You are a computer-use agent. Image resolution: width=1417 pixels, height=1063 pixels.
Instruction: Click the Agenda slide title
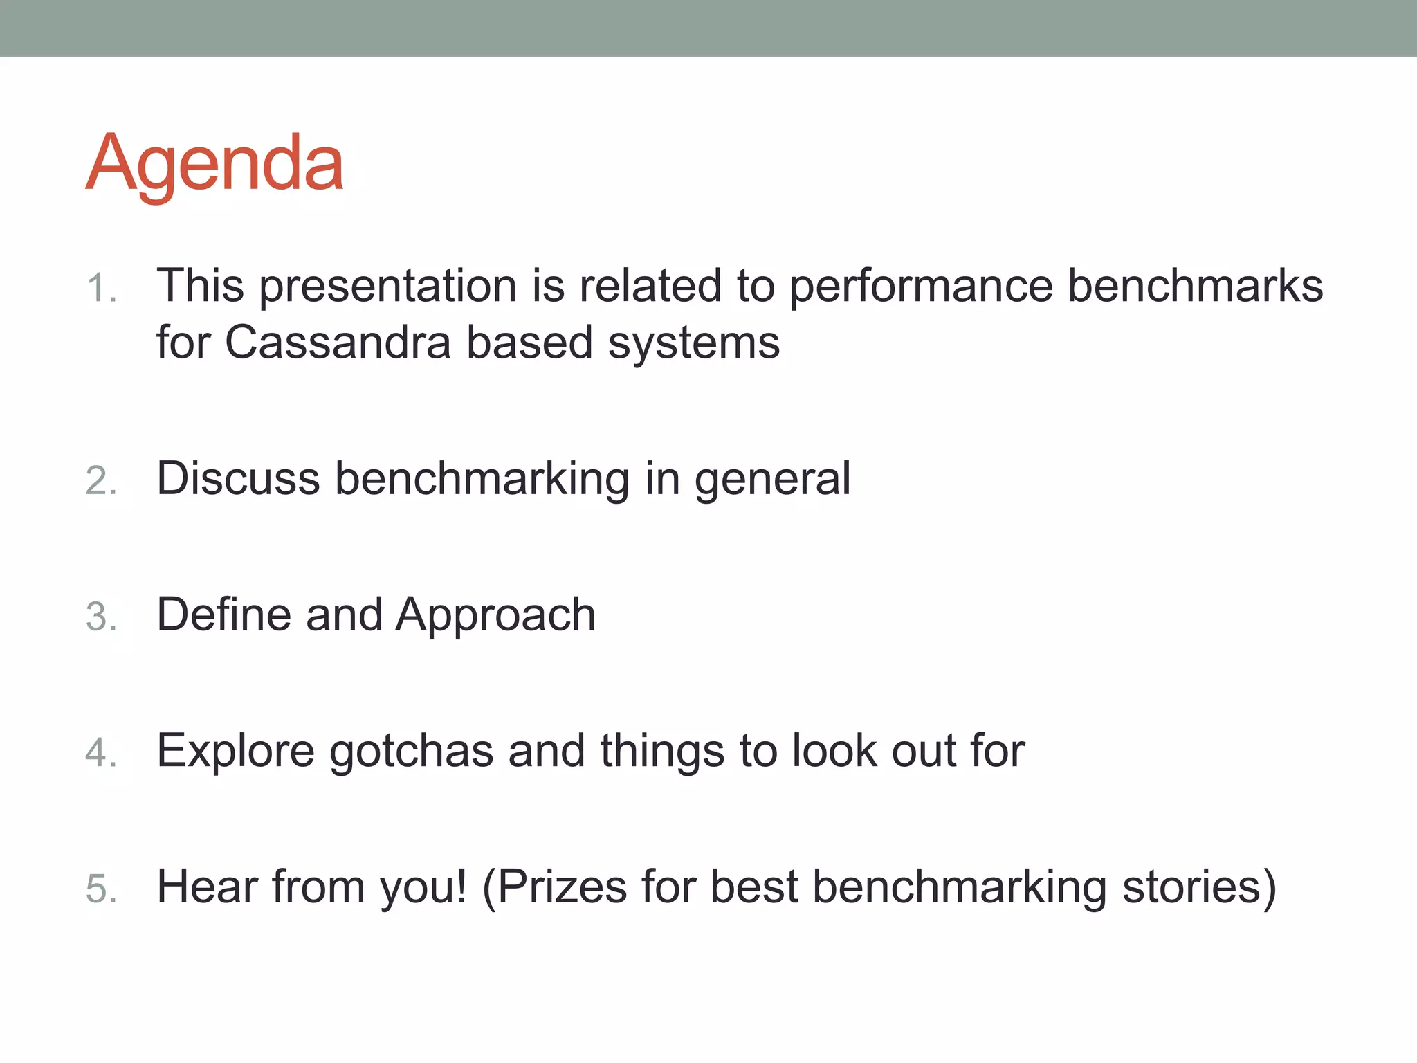[x=214, y=163]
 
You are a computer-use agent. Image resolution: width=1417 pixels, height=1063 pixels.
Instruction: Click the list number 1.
[x=100, y=288]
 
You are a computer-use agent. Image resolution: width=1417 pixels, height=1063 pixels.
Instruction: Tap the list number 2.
[x=100, y=480]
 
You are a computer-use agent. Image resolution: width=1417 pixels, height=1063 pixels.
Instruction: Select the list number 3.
[x=100, y=616]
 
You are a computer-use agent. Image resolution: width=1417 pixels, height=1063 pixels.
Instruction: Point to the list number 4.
[x=100, y=752]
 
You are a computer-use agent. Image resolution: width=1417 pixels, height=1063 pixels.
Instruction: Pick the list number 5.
[x=100, y=889]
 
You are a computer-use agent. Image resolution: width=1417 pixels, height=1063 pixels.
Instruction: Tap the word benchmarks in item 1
[x=1195, y=285]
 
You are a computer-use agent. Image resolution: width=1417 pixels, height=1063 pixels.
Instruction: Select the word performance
[x=921, y=287]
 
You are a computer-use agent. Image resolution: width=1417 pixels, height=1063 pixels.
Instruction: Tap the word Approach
[x=495, y=616]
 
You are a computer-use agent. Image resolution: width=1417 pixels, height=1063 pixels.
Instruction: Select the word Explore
[x=235, y=752]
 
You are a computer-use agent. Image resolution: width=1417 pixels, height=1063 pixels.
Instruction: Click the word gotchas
[x=411, y=752]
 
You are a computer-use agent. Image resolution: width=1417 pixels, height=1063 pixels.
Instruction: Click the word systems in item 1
[x=693, y=343]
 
